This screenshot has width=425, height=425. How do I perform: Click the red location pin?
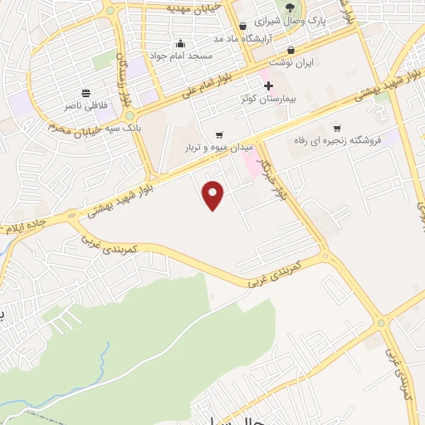214,195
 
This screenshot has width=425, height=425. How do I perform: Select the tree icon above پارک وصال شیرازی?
289,7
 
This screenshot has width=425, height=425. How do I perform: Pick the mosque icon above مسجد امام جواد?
180,43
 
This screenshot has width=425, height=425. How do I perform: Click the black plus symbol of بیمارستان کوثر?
268,85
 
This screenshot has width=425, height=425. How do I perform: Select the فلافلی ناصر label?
85,106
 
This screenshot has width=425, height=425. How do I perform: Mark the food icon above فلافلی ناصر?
85,93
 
